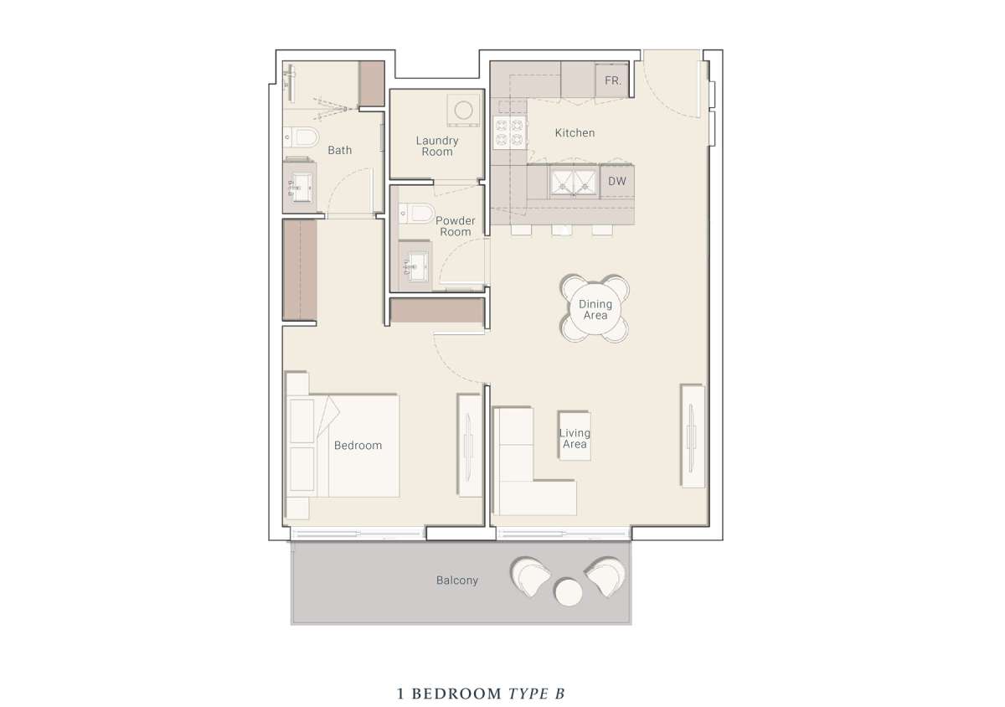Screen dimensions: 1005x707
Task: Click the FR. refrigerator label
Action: coord(613,80)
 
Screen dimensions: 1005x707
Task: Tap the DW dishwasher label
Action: coord(617,181)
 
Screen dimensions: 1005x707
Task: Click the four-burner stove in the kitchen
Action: coord(509,132)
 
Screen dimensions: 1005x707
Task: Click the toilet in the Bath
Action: coord(301,137)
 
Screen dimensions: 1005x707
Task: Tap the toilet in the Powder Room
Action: coord(417,213)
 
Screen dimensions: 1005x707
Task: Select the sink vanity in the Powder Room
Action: coord(415,266)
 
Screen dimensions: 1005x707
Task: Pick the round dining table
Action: coord(595,309)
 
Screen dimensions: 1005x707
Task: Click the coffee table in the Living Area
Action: coord(575,436)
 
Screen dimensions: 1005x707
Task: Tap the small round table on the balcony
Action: coord(569,592)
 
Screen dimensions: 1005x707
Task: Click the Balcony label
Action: coord(456,581)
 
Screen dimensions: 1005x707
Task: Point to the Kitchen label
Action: coord(575,133)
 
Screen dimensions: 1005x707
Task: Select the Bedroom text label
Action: coord(358,446)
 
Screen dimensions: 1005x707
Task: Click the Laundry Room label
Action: coord(437,147)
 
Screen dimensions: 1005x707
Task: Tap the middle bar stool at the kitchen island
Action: coord(562,230)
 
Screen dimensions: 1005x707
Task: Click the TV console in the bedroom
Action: coord(469,445)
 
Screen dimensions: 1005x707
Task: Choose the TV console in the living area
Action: coord(693,436)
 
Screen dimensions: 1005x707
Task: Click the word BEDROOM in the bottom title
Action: coord(456,694)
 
